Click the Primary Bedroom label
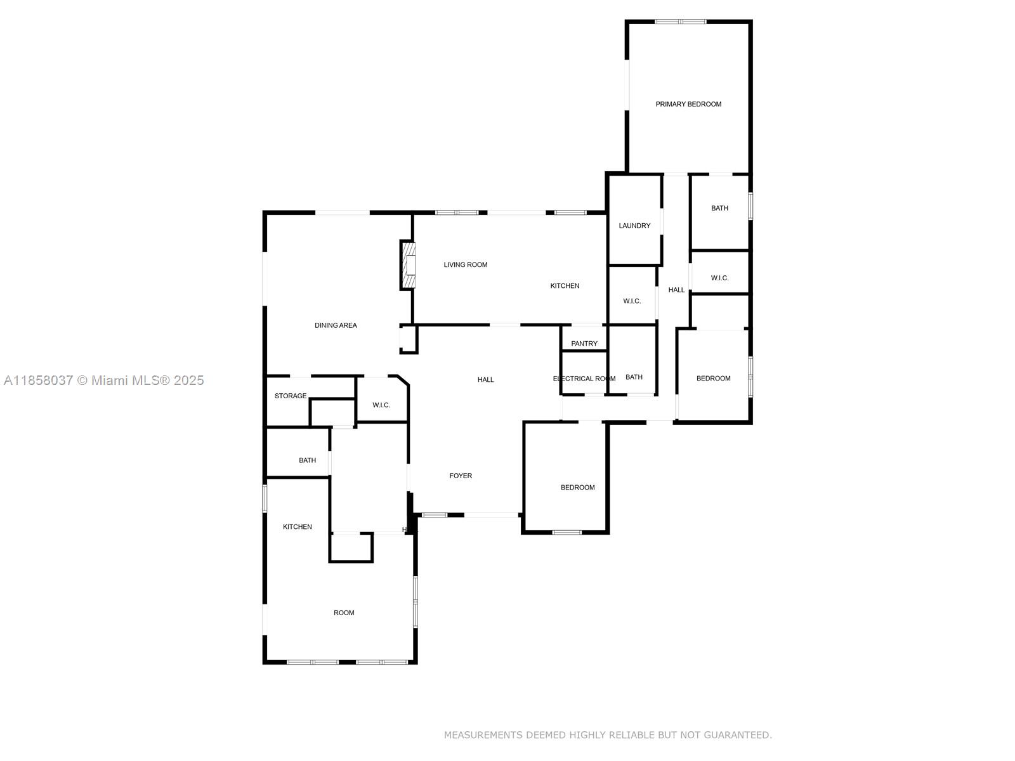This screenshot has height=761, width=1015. [x=688, y=104]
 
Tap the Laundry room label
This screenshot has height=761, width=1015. [x=634, y=226]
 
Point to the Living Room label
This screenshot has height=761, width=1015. [x=466, y=265]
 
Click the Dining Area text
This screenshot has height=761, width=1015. [x=336, y=325]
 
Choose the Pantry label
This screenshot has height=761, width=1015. [x=584, y=344]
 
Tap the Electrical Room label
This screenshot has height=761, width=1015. [x=584, y=379]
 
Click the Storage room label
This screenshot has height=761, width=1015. [x=291, y=396]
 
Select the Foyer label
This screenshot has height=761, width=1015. [x=461, y=476]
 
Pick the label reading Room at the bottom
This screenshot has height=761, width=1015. [x=344, y=613]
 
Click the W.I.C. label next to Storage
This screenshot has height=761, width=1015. [x=381, y=405]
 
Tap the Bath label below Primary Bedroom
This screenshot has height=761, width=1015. [x=719, y=208]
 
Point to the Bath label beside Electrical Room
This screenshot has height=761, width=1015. [x=634, y=377]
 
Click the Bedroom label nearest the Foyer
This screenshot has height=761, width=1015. [x=577, y=488]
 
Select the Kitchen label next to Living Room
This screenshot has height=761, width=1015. [x=565, y=286]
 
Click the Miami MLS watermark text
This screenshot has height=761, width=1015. [x=103, y=380]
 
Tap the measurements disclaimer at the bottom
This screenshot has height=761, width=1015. [x=608, y=735]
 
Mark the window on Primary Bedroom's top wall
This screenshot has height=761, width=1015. [x=680, y=22]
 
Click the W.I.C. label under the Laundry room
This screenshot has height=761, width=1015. [x=632, y=301]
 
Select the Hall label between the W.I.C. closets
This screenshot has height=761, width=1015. [x=676, y=290]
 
